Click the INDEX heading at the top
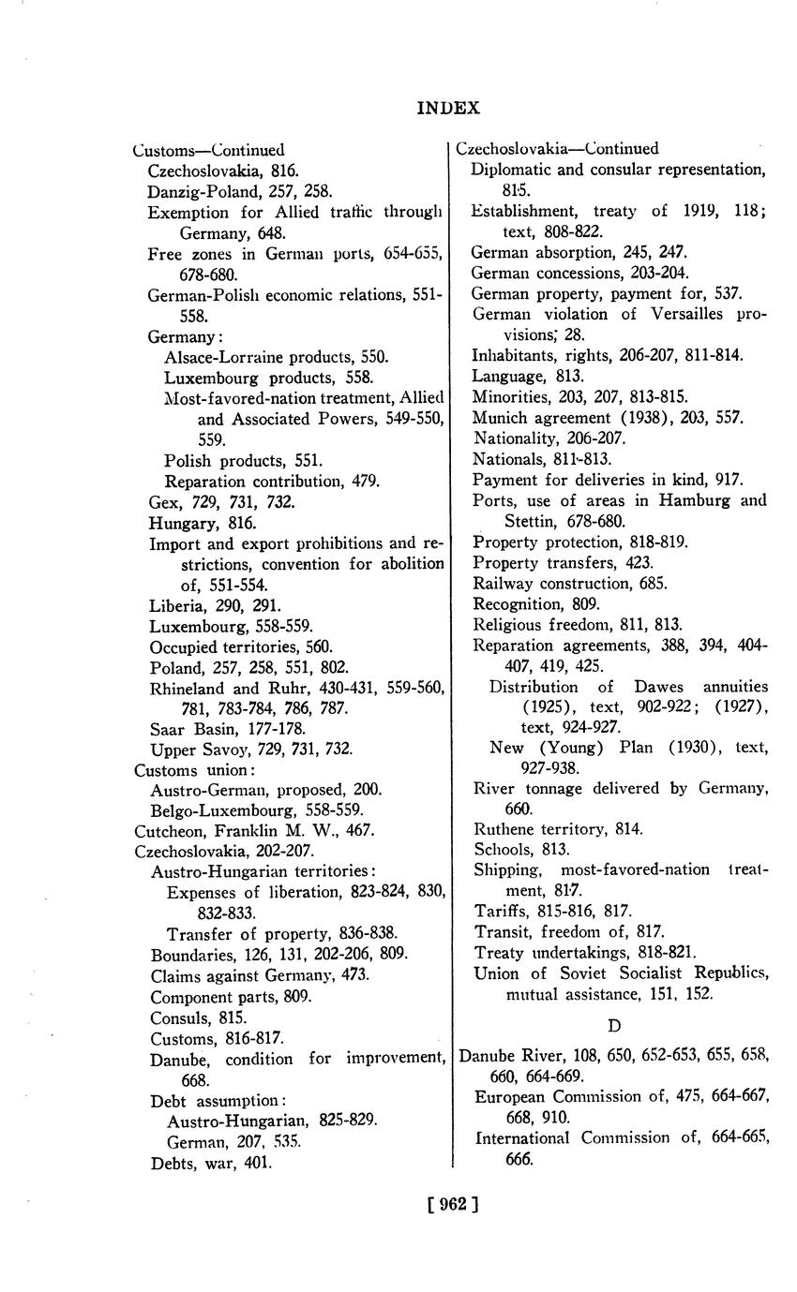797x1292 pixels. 448,108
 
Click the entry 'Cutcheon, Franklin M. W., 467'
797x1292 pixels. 255,830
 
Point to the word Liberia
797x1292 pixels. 174,606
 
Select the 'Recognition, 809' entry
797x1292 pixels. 536,603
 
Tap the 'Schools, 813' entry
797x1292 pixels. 521,850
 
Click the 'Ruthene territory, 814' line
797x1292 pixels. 558,829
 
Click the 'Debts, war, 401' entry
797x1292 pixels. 211,1163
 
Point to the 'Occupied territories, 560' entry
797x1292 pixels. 241,647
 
